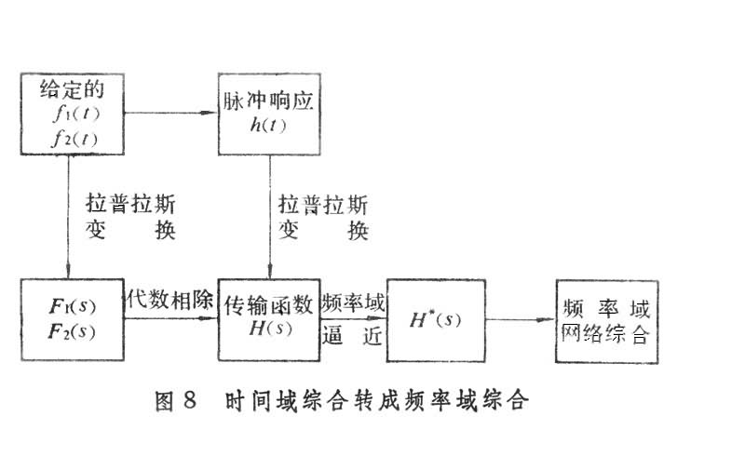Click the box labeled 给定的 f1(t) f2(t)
click(70, 114)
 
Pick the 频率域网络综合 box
click(605, 321)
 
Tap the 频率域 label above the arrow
click(353, 303)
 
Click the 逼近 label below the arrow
click(353, 337)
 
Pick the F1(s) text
click(71, 307)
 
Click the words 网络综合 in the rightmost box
click(605, 335)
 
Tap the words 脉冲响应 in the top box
click(270, 100)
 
